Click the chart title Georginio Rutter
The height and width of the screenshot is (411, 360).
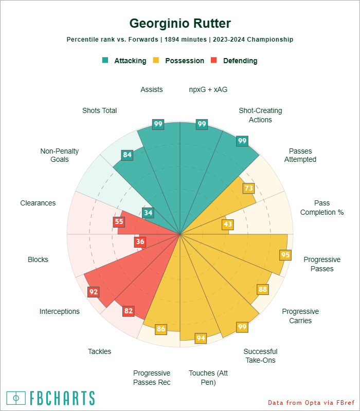[x=180, y=24]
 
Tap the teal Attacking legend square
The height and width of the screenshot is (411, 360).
[x=105, y=60]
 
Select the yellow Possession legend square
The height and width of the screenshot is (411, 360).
[x=156, y=60]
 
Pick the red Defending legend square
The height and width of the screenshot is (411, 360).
[x=215, y=60]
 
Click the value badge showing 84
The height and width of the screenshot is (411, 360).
[x=127, y=155]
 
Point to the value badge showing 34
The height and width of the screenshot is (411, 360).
[x=148, y=213]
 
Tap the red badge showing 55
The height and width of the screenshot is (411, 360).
[x=119, y=222]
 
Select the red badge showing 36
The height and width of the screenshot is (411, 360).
[x=140, y=241]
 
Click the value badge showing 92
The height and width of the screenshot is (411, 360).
[x=94, y=292]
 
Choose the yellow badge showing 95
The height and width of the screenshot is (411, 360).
[x=285, y=255]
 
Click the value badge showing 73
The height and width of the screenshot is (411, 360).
[x=248, y=188]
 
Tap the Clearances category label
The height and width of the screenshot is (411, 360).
[x=38, y=203]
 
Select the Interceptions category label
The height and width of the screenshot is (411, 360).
[x=60, y=311]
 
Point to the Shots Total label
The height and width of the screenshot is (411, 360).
[x=99, y=110]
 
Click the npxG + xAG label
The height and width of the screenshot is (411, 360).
[x=208, y=89]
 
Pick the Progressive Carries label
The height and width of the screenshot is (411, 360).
[x=300, y=316]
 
